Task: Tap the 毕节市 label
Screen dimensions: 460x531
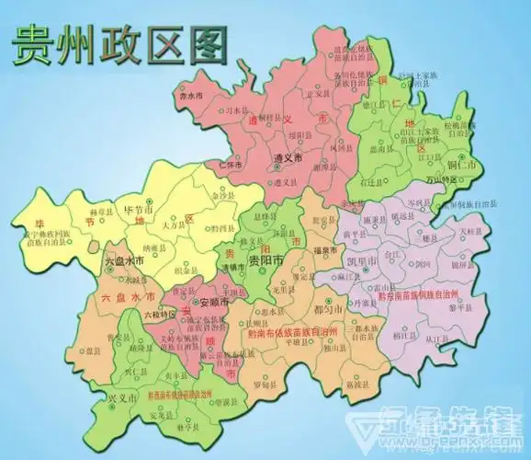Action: (141, 210)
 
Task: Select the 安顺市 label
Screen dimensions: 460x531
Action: (209, 301)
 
